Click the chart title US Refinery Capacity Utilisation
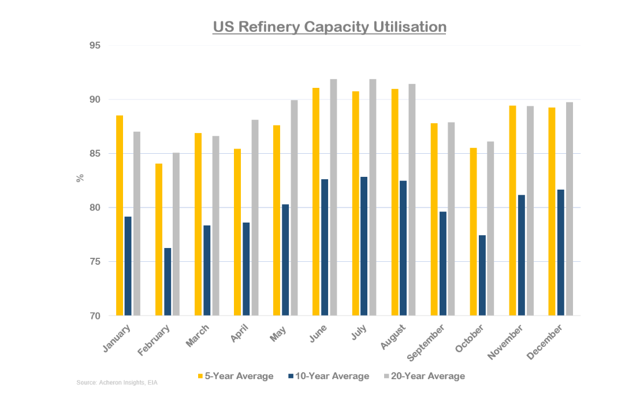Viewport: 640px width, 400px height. click(329, 27)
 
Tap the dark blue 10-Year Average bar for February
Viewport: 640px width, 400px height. click(168, 282)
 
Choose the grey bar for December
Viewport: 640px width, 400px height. click(570, 209)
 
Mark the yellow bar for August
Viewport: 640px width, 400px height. click(395, 202)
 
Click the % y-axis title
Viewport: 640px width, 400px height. click(80, 178)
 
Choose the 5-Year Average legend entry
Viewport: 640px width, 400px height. click(235, 376)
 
